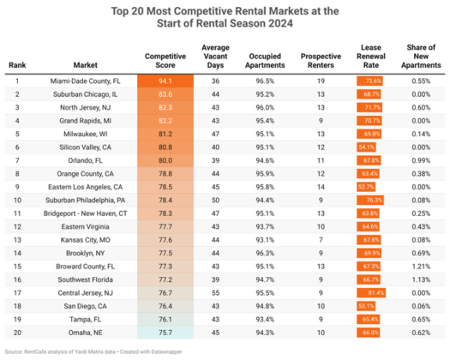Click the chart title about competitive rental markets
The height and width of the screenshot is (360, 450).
pyautogui.click(x=225, y=17)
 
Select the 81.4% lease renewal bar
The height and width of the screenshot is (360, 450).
pyautogui.click(x=373, y=292)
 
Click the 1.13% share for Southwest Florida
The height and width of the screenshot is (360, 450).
pyautogui.click(x=420, y=279)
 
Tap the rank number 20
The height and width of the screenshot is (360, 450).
pyautogui.click(x=17, y=333)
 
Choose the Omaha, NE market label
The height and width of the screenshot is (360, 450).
pyautogui.click(x=88, y=333)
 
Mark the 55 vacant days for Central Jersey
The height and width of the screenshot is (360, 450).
pyautogui.click(x=216, y=292)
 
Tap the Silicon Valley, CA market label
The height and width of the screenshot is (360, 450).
pyautogui.click(x=88, y=147)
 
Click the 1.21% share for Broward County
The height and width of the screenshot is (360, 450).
pyautogui.click(x=420, y=267)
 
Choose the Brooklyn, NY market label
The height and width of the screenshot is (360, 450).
pyautogui.click(x=88, y=253)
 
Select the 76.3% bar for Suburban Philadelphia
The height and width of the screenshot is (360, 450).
pyautogui.click(x=371, y=200)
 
